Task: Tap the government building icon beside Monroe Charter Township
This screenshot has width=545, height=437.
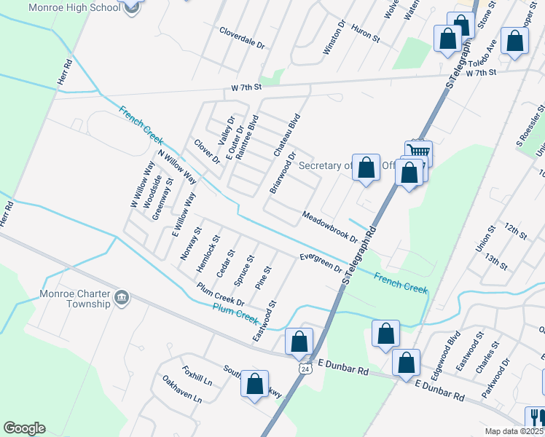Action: [121, 297]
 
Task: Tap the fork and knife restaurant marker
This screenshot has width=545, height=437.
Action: [537, 417]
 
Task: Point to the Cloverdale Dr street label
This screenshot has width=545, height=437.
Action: [242, 36]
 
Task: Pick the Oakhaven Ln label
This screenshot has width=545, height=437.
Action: [182, 389]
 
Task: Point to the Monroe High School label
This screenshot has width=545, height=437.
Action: [74, 8]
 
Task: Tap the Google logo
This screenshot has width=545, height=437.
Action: [24, 428]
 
